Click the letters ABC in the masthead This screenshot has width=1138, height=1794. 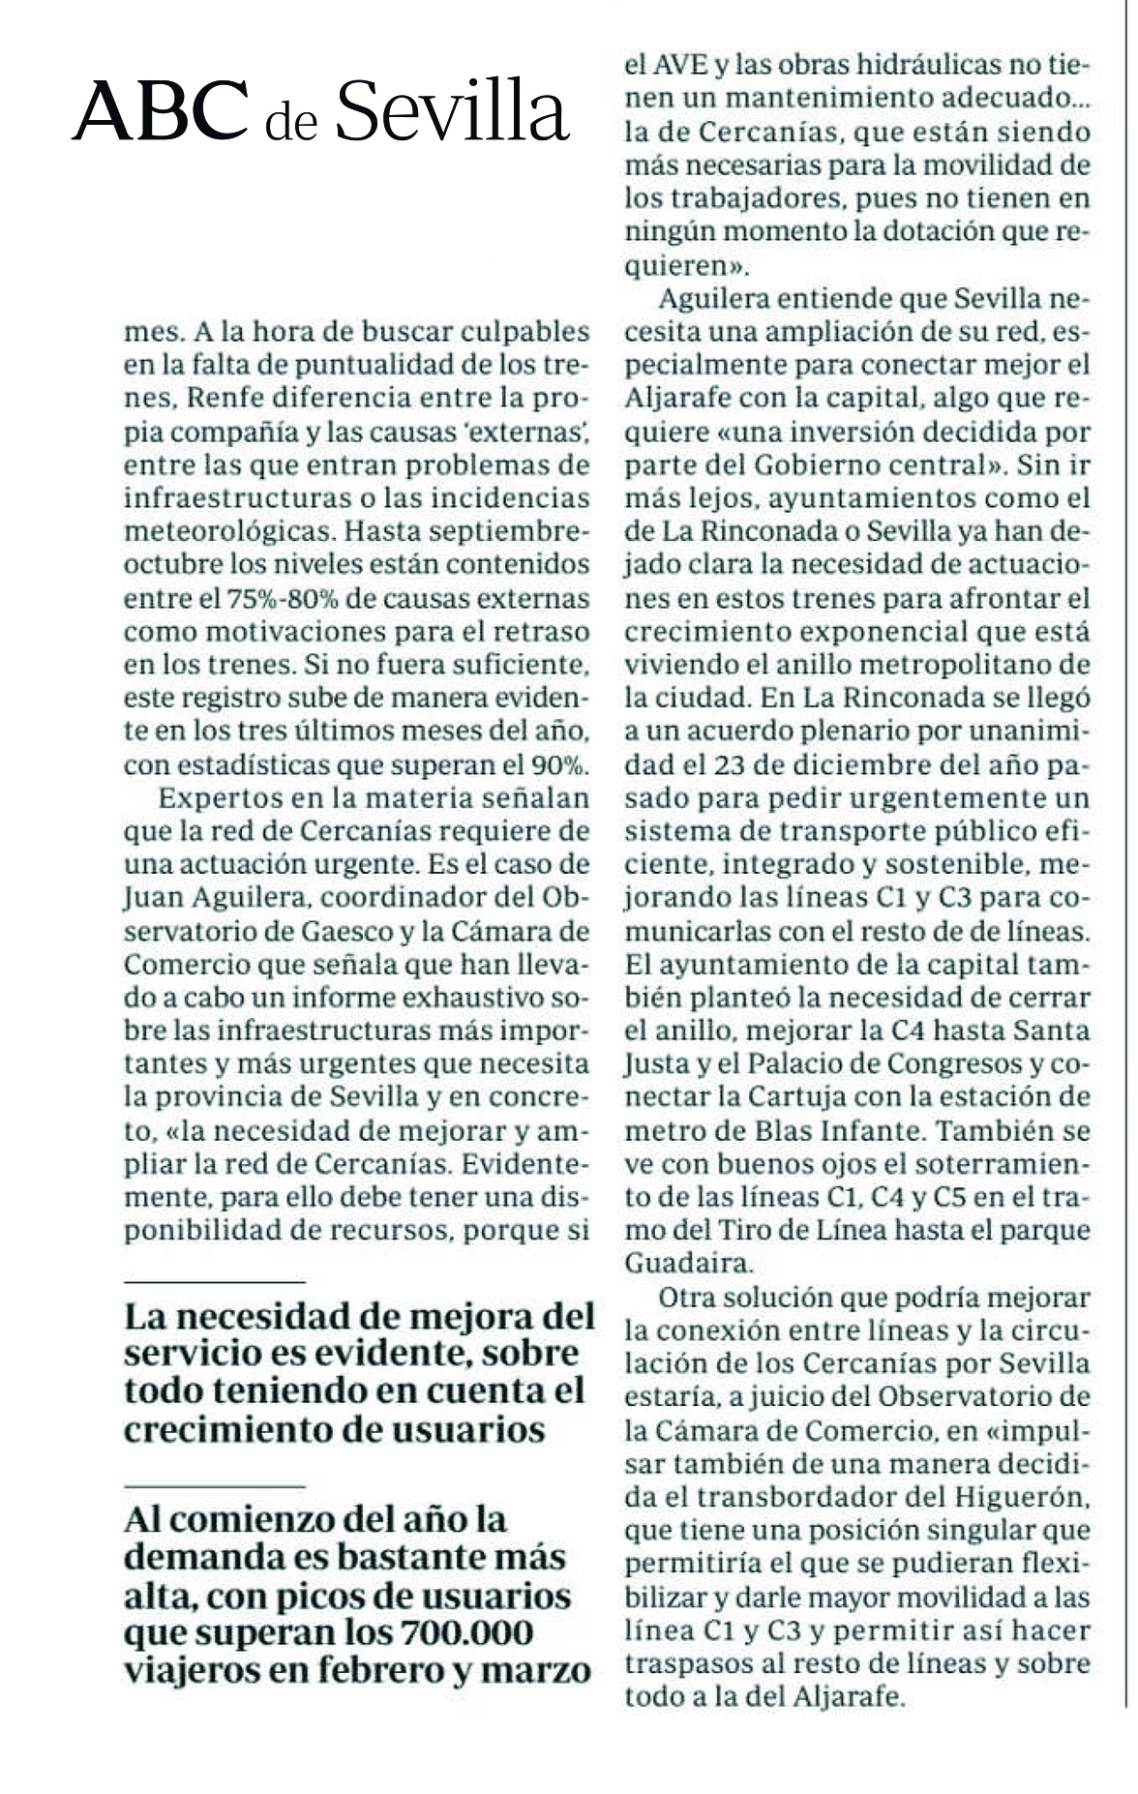160,111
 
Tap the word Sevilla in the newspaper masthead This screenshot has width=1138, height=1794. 450,111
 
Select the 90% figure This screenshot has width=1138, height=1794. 560,765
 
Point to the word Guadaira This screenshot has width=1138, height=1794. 688,1263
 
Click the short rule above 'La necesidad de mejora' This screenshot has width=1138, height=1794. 214,1282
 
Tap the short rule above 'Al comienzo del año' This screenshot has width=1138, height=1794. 214,1484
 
